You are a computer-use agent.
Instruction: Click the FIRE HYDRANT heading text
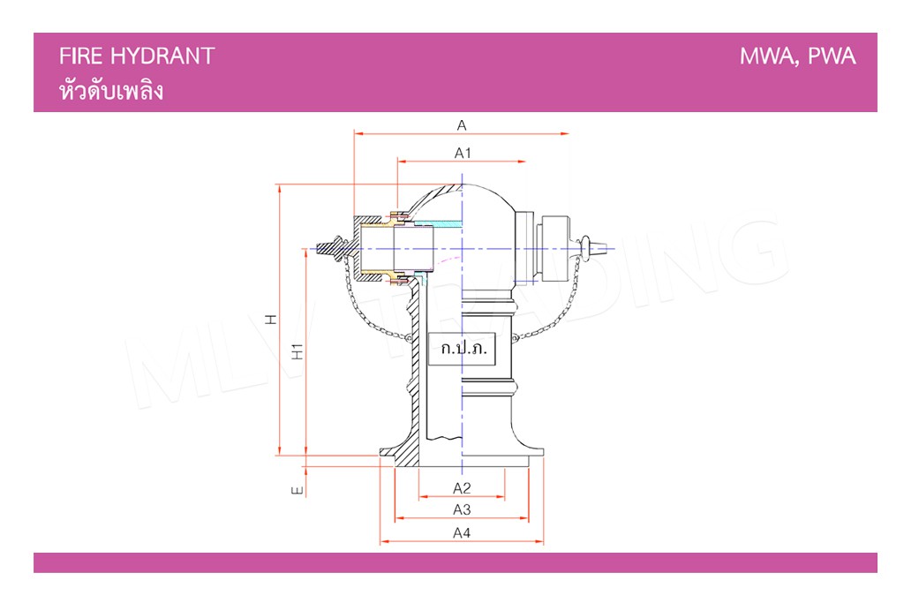[x=137, y=56]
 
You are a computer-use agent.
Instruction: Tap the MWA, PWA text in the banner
[x=797, y=57]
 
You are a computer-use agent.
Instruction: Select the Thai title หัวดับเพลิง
[x=111, y=90]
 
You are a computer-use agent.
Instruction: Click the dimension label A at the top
[x=462, y=125]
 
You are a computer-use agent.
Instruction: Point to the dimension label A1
[x=463, y=153]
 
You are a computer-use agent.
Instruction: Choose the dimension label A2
[x=462, y=488]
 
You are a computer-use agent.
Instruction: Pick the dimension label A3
[x=462, y=509]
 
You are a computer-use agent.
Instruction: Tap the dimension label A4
[x=462, y=532]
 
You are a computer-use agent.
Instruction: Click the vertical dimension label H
[x=270, y=320]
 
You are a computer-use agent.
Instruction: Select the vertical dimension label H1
[x=297, y=351]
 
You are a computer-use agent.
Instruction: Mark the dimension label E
[x=297, y=491]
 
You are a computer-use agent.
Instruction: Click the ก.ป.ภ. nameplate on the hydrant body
[x=463, y=348]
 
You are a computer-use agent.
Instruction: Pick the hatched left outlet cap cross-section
[x=369, y=248]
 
